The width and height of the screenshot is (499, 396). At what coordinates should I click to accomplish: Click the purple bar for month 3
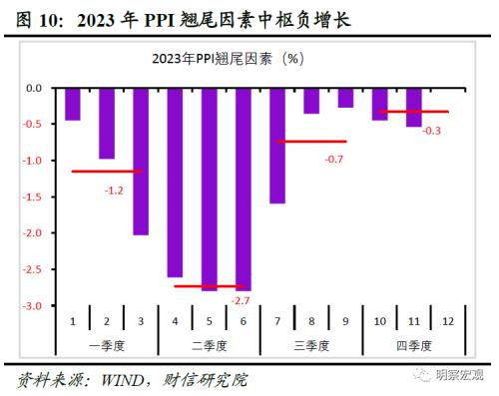tap(141, 162)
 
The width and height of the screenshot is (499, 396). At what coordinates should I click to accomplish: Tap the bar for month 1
tap(73, 104)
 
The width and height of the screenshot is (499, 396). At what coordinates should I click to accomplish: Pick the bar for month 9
tap(345, 98)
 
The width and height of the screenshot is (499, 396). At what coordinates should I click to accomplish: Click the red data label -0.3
tap(432, 130)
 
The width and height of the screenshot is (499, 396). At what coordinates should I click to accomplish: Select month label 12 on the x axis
tap(448, 320)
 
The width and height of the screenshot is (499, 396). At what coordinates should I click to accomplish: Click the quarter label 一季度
tap(107, 344)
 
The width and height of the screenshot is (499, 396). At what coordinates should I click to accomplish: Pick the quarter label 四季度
tap(413, 344)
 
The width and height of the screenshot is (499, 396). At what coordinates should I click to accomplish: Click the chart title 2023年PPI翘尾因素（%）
tap(242, 59)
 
